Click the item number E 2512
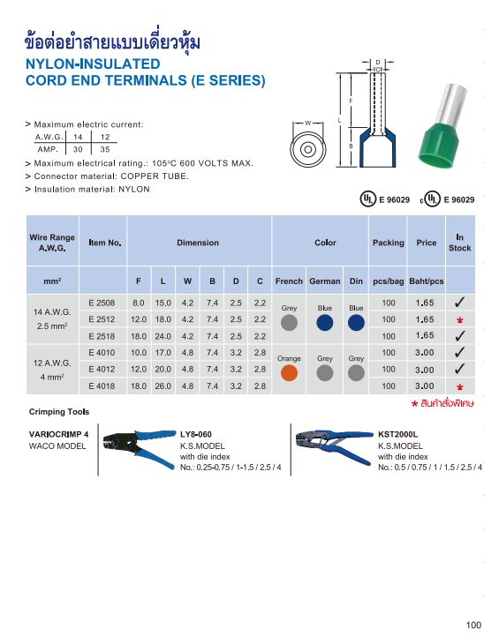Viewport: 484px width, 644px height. click(x=103, y=319)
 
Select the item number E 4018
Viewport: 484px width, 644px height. click(x=103, y=386)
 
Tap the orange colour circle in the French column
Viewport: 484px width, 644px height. click(x=288, y=373)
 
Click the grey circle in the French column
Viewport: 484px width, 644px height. click(x=288, y=323)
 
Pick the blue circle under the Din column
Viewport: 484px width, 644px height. click(x=356, y=323)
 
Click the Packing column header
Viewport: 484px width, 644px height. click(x=388, y=243)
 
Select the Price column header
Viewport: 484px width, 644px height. click(x=426, y=243)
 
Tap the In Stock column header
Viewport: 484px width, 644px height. click(x=459, y=243)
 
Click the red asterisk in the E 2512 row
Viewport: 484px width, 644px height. click(x=459, y=320)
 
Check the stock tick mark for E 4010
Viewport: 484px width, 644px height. click(x=459, y=353)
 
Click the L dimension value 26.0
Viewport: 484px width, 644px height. click(x=163, y=386)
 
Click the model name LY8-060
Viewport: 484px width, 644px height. click(x=196, y=434)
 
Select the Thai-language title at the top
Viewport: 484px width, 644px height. click(x=114, y=42)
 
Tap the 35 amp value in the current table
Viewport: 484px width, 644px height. click(x=105, y=150)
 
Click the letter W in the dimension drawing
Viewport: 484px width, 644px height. click(x=306, y=122)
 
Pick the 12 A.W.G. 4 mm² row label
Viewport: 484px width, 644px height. click(x=52, y=370)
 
